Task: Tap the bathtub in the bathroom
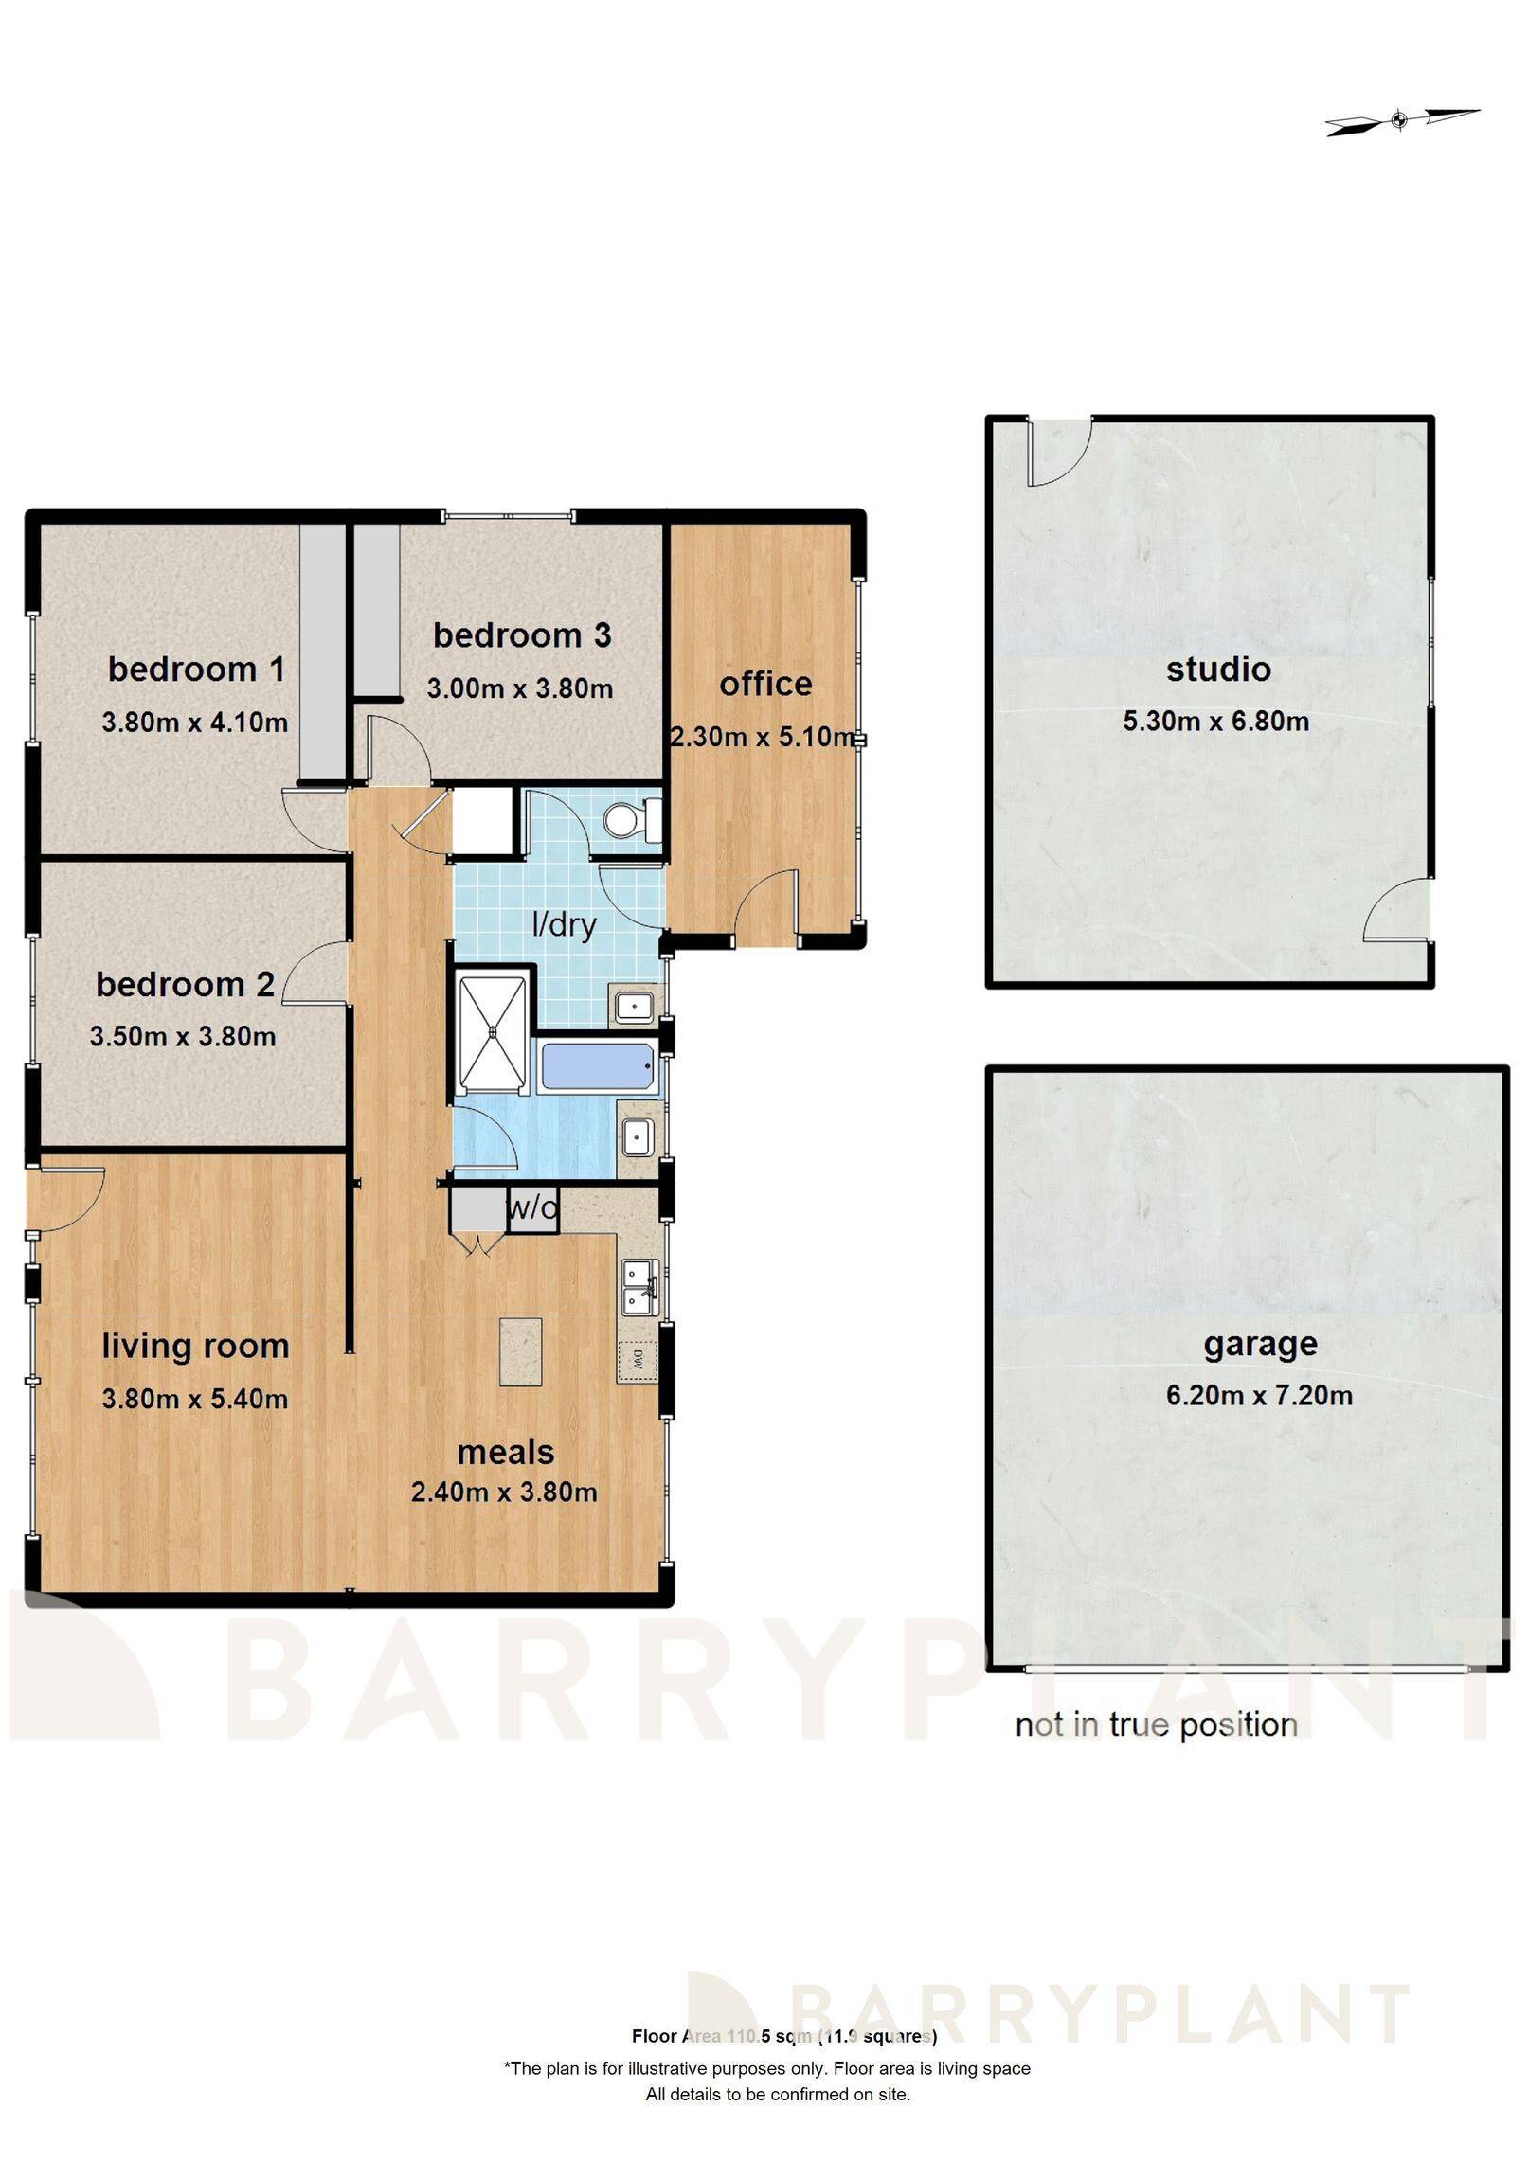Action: click(596, 1066)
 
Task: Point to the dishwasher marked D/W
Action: click(637, 1361)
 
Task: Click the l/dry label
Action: click(564, 923)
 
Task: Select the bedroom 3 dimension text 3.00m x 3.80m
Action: click(519, 688)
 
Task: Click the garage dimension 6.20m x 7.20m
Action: click(1259, 1395)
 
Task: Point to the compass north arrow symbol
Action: click(1400, 120)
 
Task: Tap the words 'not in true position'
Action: click(1156, 1725)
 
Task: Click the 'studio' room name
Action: click(1218, 670)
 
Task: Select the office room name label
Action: click(765, 684)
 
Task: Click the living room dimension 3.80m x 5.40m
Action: click(195, 1399)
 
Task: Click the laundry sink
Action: click(633, 1005)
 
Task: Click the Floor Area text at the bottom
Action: click(783, 2036)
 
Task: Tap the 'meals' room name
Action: click(506, 1452)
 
